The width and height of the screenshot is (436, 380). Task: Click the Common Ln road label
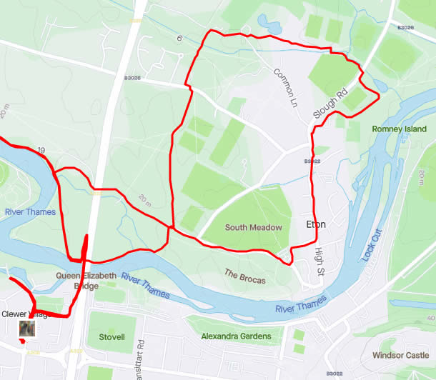click(284, 87)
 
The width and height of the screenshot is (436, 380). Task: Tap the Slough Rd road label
click(330, 104)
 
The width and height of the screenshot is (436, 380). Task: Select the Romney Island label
click(399, 129)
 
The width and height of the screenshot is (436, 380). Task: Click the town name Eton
click(315, 224)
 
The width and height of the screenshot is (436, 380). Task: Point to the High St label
click(319, 263)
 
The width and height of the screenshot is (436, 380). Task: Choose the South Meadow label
click(254, 228)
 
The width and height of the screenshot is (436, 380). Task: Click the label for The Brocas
click(245, 276)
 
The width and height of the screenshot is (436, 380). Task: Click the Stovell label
click(112, 336)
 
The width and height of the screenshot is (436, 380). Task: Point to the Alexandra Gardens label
click(236, 336)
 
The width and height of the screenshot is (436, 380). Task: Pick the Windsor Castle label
click(400, 355)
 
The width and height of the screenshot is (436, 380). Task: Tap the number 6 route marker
click(180, 38)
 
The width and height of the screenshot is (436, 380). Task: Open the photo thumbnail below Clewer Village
click(27, 329)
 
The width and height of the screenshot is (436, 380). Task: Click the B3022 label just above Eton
click(312, 161)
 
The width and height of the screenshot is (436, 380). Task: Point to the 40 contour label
click(430, 318)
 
